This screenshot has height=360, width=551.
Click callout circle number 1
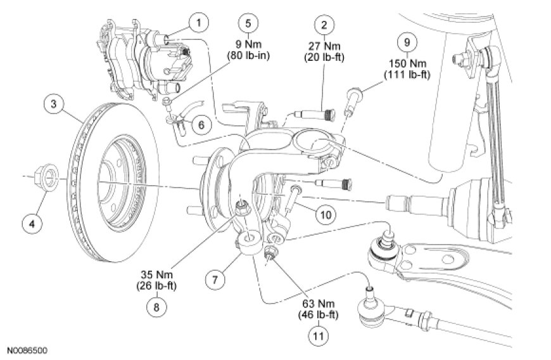[198, 23]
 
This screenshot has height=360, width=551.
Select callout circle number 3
[53, 105]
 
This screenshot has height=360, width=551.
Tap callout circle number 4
[32, 223]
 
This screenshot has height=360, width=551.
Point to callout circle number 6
[201, 125]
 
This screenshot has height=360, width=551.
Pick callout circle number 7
[215, 280]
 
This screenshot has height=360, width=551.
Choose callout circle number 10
[326, 214]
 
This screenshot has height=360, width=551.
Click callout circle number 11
[319, 336]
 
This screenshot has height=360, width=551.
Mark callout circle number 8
[156, 307]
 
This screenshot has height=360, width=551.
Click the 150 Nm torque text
[408, 63]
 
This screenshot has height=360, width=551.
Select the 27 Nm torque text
[324, 46]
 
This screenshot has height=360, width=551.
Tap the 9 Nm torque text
[248, 44]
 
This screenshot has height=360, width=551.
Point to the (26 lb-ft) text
[156, 285]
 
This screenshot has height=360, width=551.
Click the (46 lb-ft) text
[319, 314]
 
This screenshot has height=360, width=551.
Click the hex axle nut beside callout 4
[47, 176]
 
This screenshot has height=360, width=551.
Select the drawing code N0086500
[27, 350]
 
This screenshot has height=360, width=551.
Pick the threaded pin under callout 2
[315, 114]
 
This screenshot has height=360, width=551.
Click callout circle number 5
[248, 23]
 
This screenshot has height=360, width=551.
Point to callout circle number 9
[407, 42]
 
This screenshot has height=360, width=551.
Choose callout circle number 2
[324, 25]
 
